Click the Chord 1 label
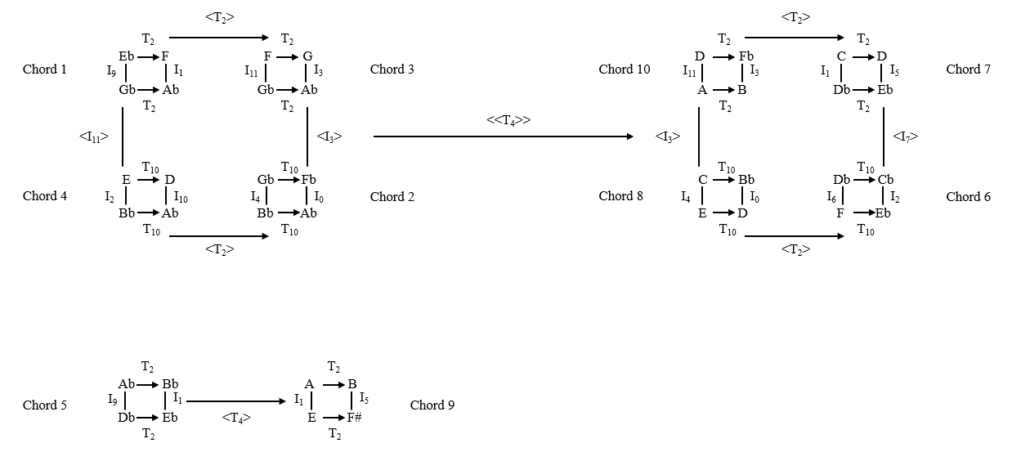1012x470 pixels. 45,69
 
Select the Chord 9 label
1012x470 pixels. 432,405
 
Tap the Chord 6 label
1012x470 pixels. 968,197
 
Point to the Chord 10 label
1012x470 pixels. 624,69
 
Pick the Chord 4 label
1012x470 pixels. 45,196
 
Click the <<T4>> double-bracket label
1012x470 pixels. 508,120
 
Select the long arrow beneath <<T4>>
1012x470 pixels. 503,137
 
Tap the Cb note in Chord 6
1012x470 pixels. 885,180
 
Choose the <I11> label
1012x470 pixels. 94,137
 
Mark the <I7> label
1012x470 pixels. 905,137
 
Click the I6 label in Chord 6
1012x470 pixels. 832,197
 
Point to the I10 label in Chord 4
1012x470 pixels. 181,197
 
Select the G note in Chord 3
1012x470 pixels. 308,56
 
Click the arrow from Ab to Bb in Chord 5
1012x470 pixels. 148,384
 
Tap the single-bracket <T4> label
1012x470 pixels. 235,418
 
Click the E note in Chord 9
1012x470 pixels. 311,418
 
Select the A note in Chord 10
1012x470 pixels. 702,90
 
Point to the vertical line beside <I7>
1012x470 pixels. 884,137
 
